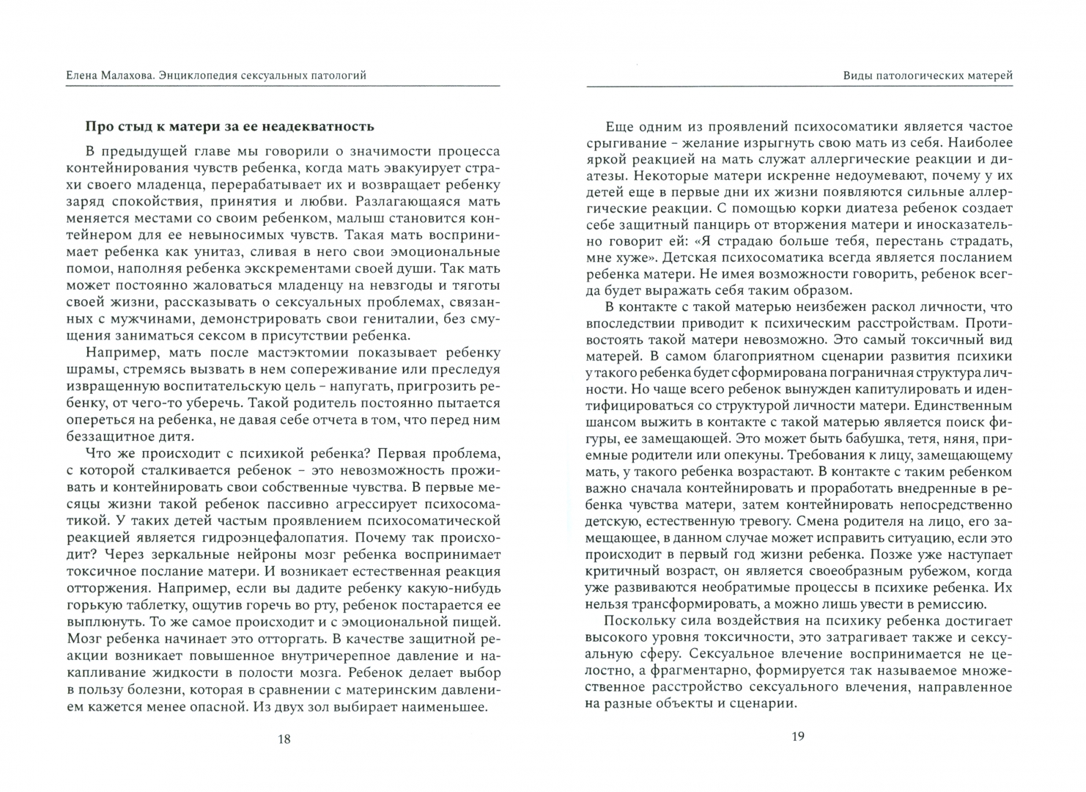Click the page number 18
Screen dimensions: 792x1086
point(284,738)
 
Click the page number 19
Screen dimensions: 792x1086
point(798,736)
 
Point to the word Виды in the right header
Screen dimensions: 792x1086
point(857,75)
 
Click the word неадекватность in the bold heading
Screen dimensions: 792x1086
point(324,126)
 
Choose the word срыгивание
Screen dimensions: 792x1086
point(621,142)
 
